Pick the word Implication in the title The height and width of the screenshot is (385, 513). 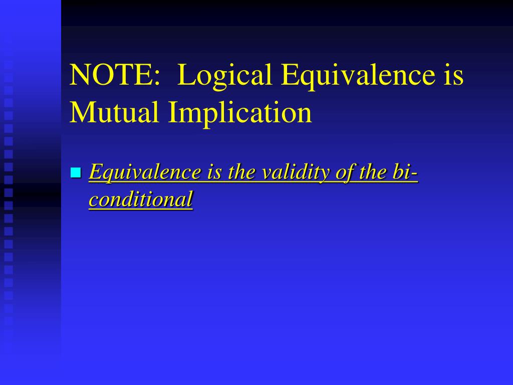point(240,113)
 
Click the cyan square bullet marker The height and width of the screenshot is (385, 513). point(76,173)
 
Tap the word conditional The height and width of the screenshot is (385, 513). point(141,200)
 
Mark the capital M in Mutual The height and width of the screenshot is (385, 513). point(81,113)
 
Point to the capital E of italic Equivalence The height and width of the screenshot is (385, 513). point(95,173)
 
